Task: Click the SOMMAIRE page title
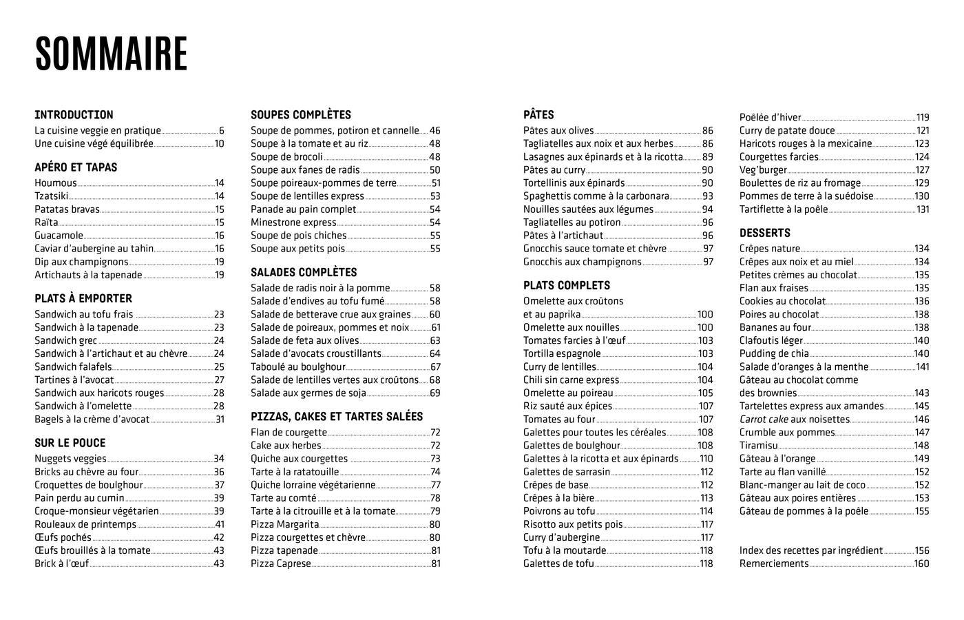coord(111,54)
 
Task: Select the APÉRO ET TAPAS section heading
coord(76,167)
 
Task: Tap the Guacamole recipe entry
coord(59,236)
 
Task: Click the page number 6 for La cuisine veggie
coord(222,130)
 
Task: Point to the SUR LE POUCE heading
coord(70,443)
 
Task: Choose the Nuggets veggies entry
coord(70,459)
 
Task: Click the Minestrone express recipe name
coord(293,223)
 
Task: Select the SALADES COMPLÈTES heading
coord(304,273)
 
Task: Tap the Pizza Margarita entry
coord(284,524)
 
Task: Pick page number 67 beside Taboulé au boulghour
coord(435,367)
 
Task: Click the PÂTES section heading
coord(538,115)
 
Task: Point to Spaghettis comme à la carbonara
coord(596,196)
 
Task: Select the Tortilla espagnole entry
coord(562,354)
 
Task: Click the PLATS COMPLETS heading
coord(567,286)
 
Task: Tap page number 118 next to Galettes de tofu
coord(706,564)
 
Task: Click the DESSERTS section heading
coord(764,234)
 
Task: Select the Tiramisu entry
coord(759,446)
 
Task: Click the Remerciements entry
coord(774,564)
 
